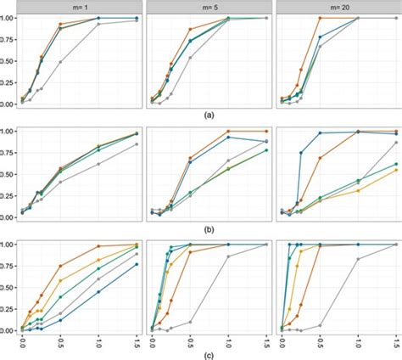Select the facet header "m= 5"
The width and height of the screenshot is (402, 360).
click(x=208, y=6)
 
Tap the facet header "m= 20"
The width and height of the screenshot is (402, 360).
click(x=337, y=6)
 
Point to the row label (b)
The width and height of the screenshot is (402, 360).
click(x=209, y=229)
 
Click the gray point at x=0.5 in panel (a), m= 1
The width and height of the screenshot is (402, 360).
click(x=60, y=61)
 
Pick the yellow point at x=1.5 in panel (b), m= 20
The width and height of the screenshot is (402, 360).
click(x=396, y=170)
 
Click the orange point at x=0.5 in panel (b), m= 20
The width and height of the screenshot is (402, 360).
click(x=320, y=158)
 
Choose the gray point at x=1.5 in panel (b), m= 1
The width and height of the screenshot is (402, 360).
click(x=137, y=144)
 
